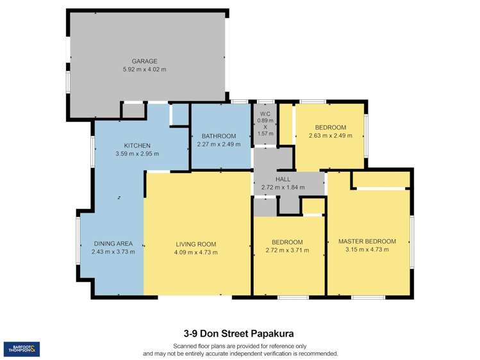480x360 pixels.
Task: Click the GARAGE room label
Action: click(144, 61)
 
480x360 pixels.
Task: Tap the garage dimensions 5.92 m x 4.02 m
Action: click(144, 69)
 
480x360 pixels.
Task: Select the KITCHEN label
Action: click(137, 146)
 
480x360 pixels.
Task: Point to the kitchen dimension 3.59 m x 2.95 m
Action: click(137, 154)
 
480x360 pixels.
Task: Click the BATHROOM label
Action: click(219, 136)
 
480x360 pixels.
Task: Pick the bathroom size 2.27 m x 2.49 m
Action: click(219, 144)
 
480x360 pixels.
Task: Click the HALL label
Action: click(283, 179)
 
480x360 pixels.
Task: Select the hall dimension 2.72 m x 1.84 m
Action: click(283, 187)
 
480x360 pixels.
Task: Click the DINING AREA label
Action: click(113, 243)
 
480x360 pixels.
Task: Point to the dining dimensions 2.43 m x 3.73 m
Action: click(113, 252)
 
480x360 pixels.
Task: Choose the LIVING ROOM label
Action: click(195, 244)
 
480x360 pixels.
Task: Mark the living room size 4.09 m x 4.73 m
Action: click(195, 252)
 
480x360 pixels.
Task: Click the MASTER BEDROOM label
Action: click(367, 241)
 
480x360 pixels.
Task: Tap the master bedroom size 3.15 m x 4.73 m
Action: click(367, 250)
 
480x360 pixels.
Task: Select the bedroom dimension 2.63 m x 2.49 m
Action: click(330, 135)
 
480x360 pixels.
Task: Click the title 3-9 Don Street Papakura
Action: click(239, 333)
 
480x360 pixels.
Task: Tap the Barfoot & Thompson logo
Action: click(21, 349)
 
